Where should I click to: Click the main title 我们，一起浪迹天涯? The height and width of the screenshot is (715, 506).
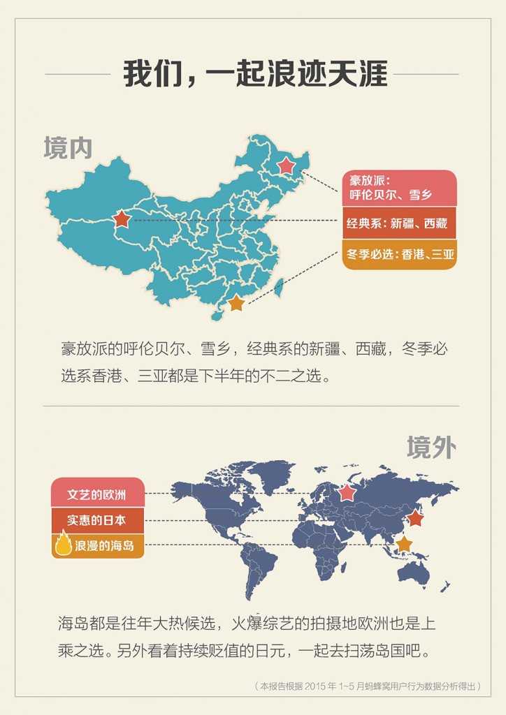point(255,74)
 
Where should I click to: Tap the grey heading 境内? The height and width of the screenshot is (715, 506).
point(68,148)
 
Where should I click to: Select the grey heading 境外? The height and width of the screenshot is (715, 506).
point(431,448)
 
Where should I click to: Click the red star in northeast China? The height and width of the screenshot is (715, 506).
point(286,166)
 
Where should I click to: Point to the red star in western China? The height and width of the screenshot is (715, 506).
point(121,219)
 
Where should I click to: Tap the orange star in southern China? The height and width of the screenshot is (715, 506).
point(236,303)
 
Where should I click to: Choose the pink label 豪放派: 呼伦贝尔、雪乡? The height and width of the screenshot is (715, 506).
point(399,189)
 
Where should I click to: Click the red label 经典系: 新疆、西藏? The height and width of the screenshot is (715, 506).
point(399,224)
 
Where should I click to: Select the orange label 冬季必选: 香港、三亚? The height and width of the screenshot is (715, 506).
point(399,255)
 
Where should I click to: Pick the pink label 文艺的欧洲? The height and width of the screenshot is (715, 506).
point(98,494)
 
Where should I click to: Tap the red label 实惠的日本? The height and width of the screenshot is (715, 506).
point(98,519)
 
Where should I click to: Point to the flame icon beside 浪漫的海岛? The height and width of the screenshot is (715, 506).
point(64,544)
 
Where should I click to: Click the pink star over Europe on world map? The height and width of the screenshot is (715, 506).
point(347,493)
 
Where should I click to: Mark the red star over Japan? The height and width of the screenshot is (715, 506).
point(415,518)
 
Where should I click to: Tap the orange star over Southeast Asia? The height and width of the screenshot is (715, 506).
point(404,544)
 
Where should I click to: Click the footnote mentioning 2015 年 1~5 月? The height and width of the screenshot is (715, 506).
point(368,686)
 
